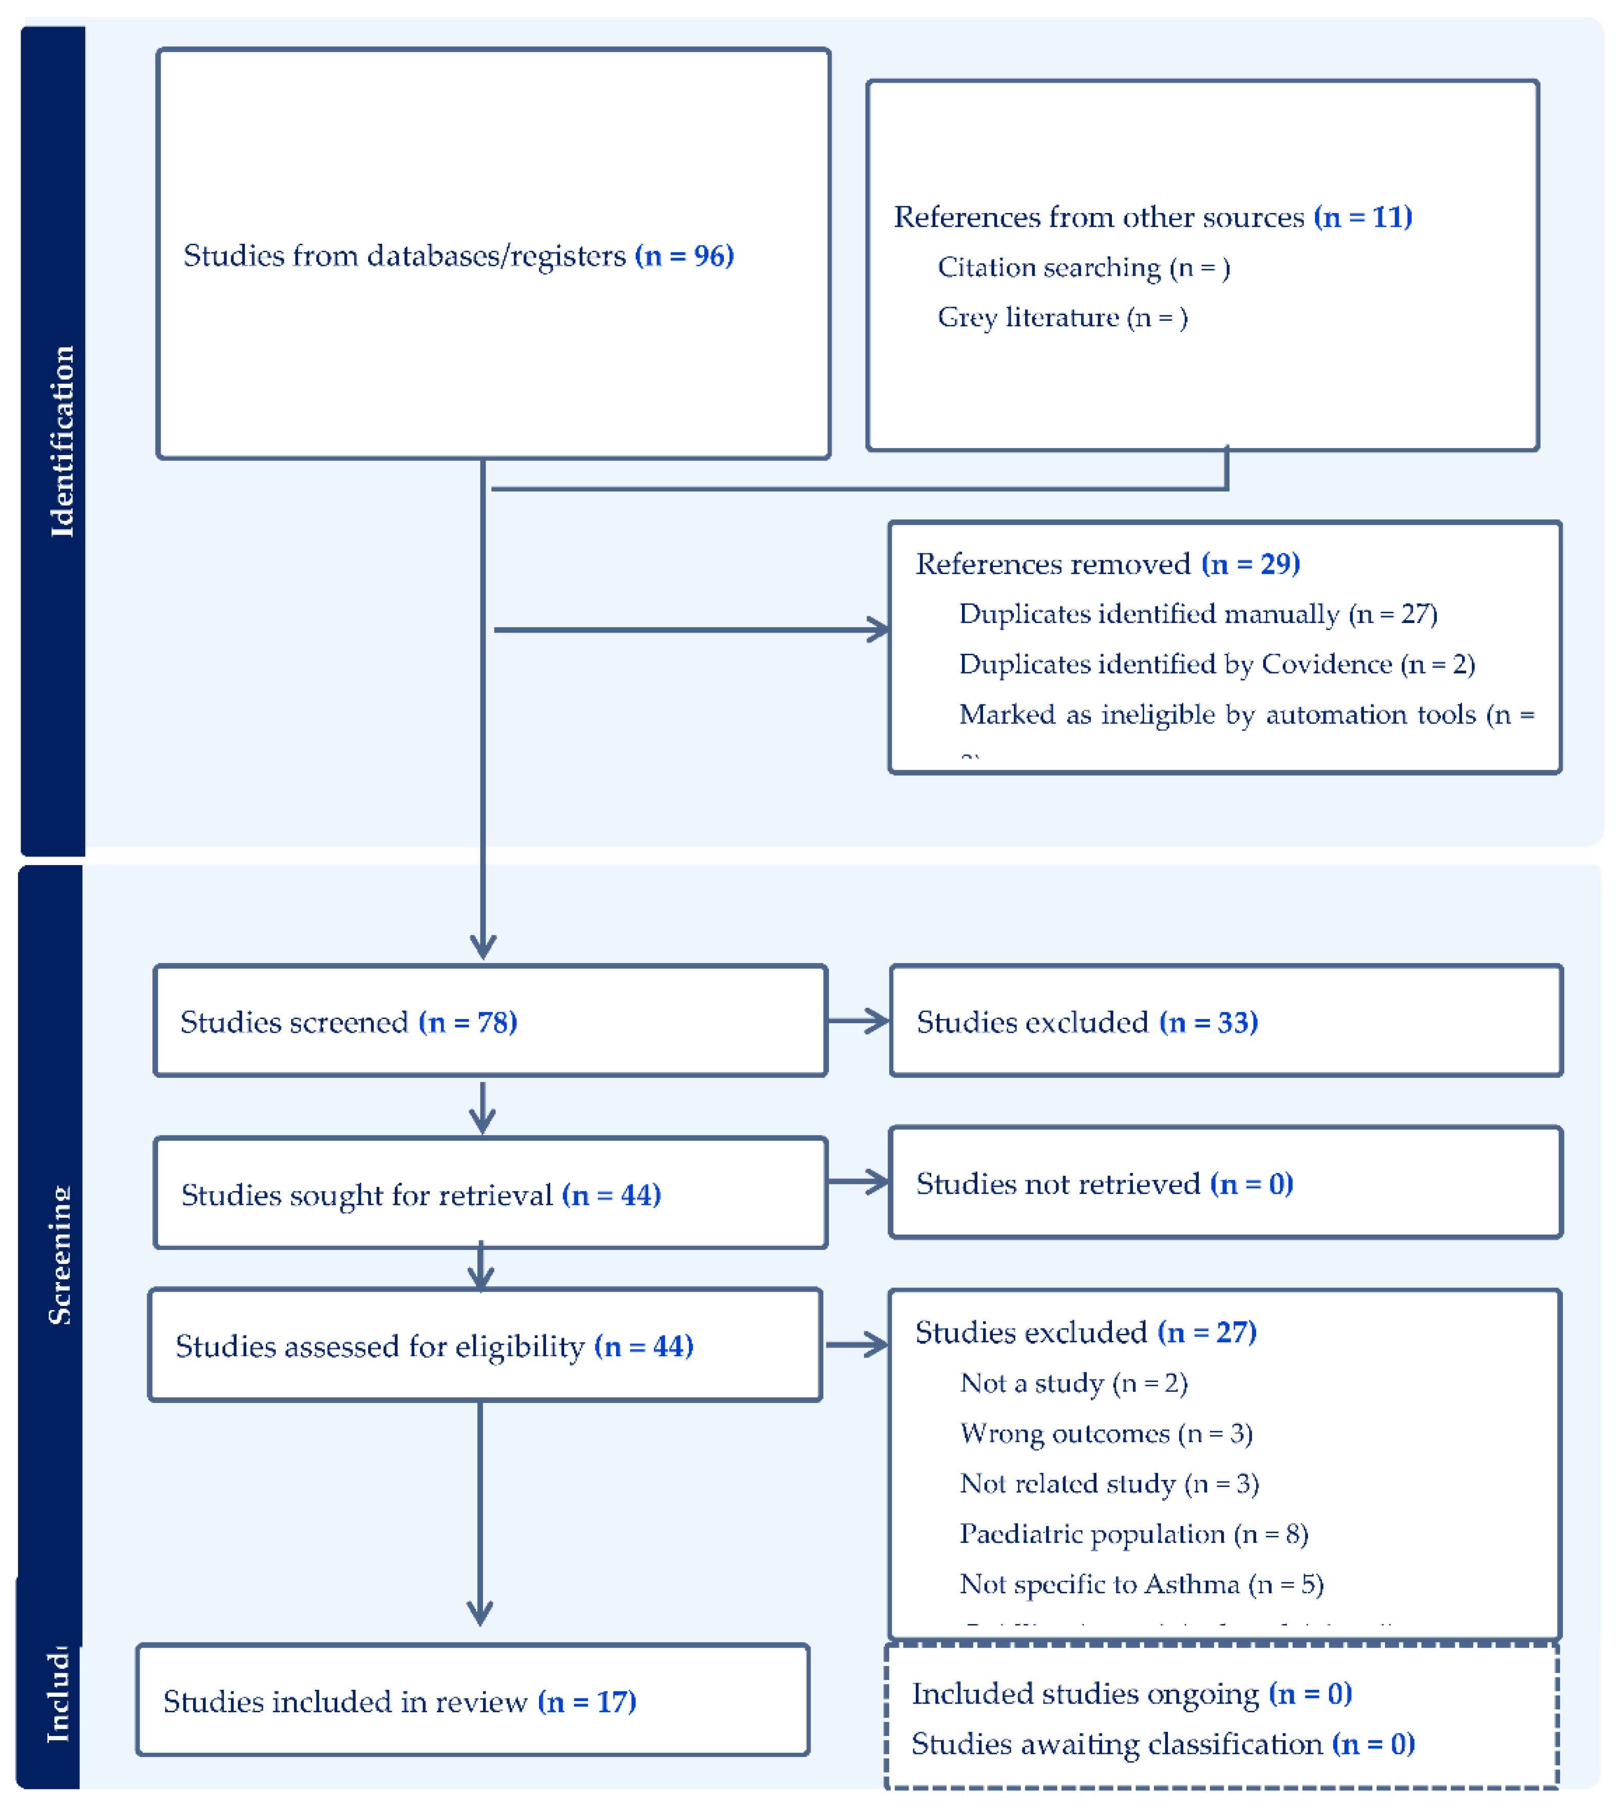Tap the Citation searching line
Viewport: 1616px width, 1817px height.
[x=1083, y=267]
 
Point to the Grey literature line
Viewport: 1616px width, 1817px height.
[x=1062, y=317]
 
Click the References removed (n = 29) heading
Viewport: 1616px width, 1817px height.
[x=1107, y=563]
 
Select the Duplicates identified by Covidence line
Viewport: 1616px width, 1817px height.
[x=1216, y=664]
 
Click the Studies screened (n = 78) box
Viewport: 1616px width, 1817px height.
[x=490, y=1022]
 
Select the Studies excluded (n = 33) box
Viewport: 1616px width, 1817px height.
[x=1225, y=1022]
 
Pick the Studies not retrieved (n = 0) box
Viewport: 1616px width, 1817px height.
[x=1225, y=1183]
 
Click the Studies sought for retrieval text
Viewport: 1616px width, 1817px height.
[x=367, y=1195]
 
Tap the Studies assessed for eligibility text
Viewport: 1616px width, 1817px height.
[x=380, y=1346]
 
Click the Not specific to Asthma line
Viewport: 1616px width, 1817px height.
[x=1141, y=1584]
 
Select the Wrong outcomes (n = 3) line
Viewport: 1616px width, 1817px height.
[x=1106, y=1433]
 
